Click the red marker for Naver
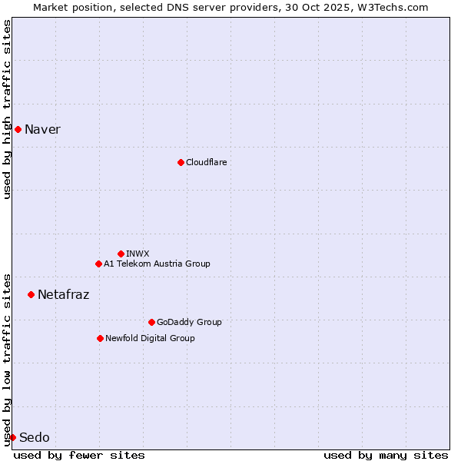point(18,129)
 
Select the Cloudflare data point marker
point(181,162)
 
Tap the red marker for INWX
point(121,254)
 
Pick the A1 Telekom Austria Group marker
point(98,264)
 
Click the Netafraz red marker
point(31,294)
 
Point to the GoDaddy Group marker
point(151,322)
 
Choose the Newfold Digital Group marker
point(100,338)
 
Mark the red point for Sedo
point(12,437)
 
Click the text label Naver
point(42,129)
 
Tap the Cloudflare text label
point(207,162)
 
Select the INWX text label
point(138,254)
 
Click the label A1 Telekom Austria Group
point(157,264)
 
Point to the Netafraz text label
point(63,294)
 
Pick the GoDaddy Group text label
point(189,322)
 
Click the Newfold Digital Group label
point(150,338)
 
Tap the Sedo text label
point(34,437)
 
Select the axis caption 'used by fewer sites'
point(79,455)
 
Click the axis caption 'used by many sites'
point(386,455)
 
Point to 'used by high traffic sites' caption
point(7,109)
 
